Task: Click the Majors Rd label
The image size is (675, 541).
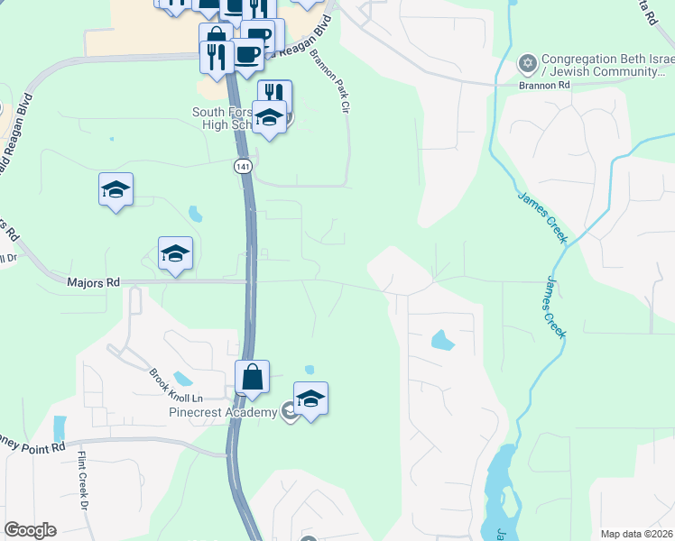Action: click(94, 282)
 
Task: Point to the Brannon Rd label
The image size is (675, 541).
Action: click(545, 85)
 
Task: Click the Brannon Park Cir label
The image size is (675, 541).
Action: click(329, 82)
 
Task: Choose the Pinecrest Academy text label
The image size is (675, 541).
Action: click(221, 413)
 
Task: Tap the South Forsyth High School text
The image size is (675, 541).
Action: click(226, 118)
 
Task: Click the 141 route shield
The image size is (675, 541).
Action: click(242, 167)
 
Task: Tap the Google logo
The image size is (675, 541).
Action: click(30, 530)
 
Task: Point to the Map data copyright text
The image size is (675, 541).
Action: click(637, 534)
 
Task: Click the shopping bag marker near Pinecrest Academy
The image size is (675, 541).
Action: click(253, 377)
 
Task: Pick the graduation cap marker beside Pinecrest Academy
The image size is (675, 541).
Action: click(310, 399)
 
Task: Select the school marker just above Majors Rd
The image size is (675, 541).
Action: click(175, 253)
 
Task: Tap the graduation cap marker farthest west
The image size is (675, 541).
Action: click(116, 189)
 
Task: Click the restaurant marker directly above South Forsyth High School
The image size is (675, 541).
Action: click(274, 94)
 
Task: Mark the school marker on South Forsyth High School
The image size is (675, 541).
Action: click(269, 117)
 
